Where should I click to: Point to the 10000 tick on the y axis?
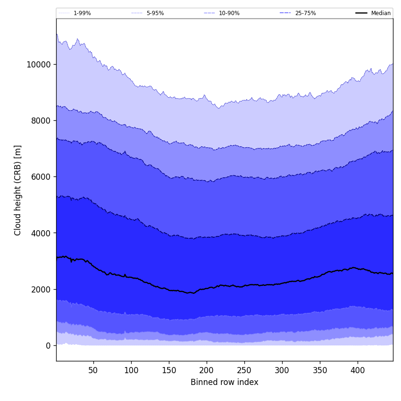coord(39,65)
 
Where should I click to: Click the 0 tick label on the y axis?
coord(48,346)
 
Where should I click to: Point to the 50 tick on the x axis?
coord(93,370)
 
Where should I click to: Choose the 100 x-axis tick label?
coord(131,370)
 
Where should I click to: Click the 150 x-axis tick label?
coord(169,370)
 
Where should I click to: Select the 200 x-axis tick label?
coord(207,370)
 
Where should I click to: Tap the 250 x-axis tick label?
coord(244,370)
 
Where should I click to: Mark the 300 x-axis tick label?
coord(282,370)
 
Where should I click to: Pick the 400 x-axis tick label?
coord(358,370)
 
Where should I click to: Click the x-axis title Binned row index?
coord(225,383)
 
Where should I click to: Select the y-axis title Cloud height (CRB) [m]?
coord(18,190)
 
